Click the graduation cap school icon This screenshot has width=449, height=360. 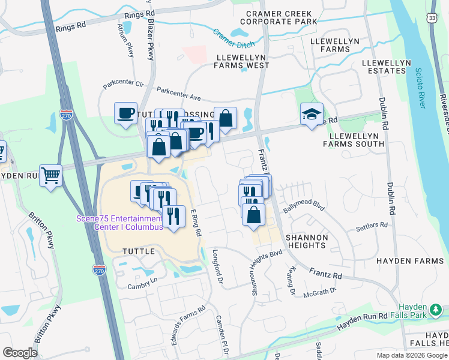[312, 114]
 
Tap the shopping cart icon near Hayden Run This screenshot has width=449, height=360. [51, 176]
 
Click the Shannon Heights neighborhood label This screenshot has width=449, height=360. [307, 242]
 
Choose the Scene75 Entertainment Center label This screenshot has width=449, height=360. [119, 223]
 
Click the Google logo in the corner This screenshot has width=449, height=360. [20, 353]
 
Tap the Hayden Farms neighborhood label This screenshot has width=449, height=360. [405, 261]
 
